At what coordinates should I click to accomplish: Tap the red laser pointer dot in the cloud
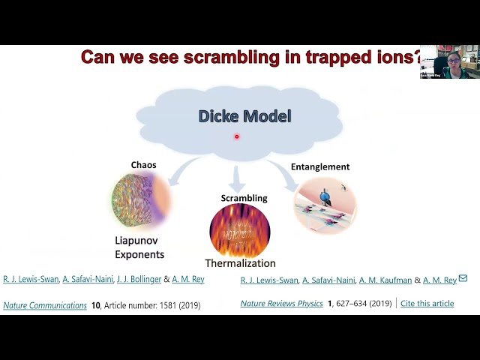(x=236, y=136)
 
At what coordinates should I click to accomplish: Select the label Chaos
(x=143, y=164)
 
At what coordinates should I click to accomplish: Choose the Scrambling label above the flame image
(x=239, y=198)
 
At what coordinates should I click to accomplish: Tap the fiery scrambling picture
(x=240, y=229)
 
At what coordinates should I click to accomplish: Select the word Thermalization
(x=240, y=263)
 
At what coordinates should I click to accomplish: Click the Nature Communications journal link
(x=45, y=305)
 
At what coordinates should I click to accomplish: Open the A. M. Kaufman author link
(x=383, y=280)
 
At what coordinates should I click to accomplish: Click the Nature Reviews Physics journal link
(x=281, y=304)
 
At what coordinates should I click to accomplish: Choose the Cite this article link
(x=427, y=304)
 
